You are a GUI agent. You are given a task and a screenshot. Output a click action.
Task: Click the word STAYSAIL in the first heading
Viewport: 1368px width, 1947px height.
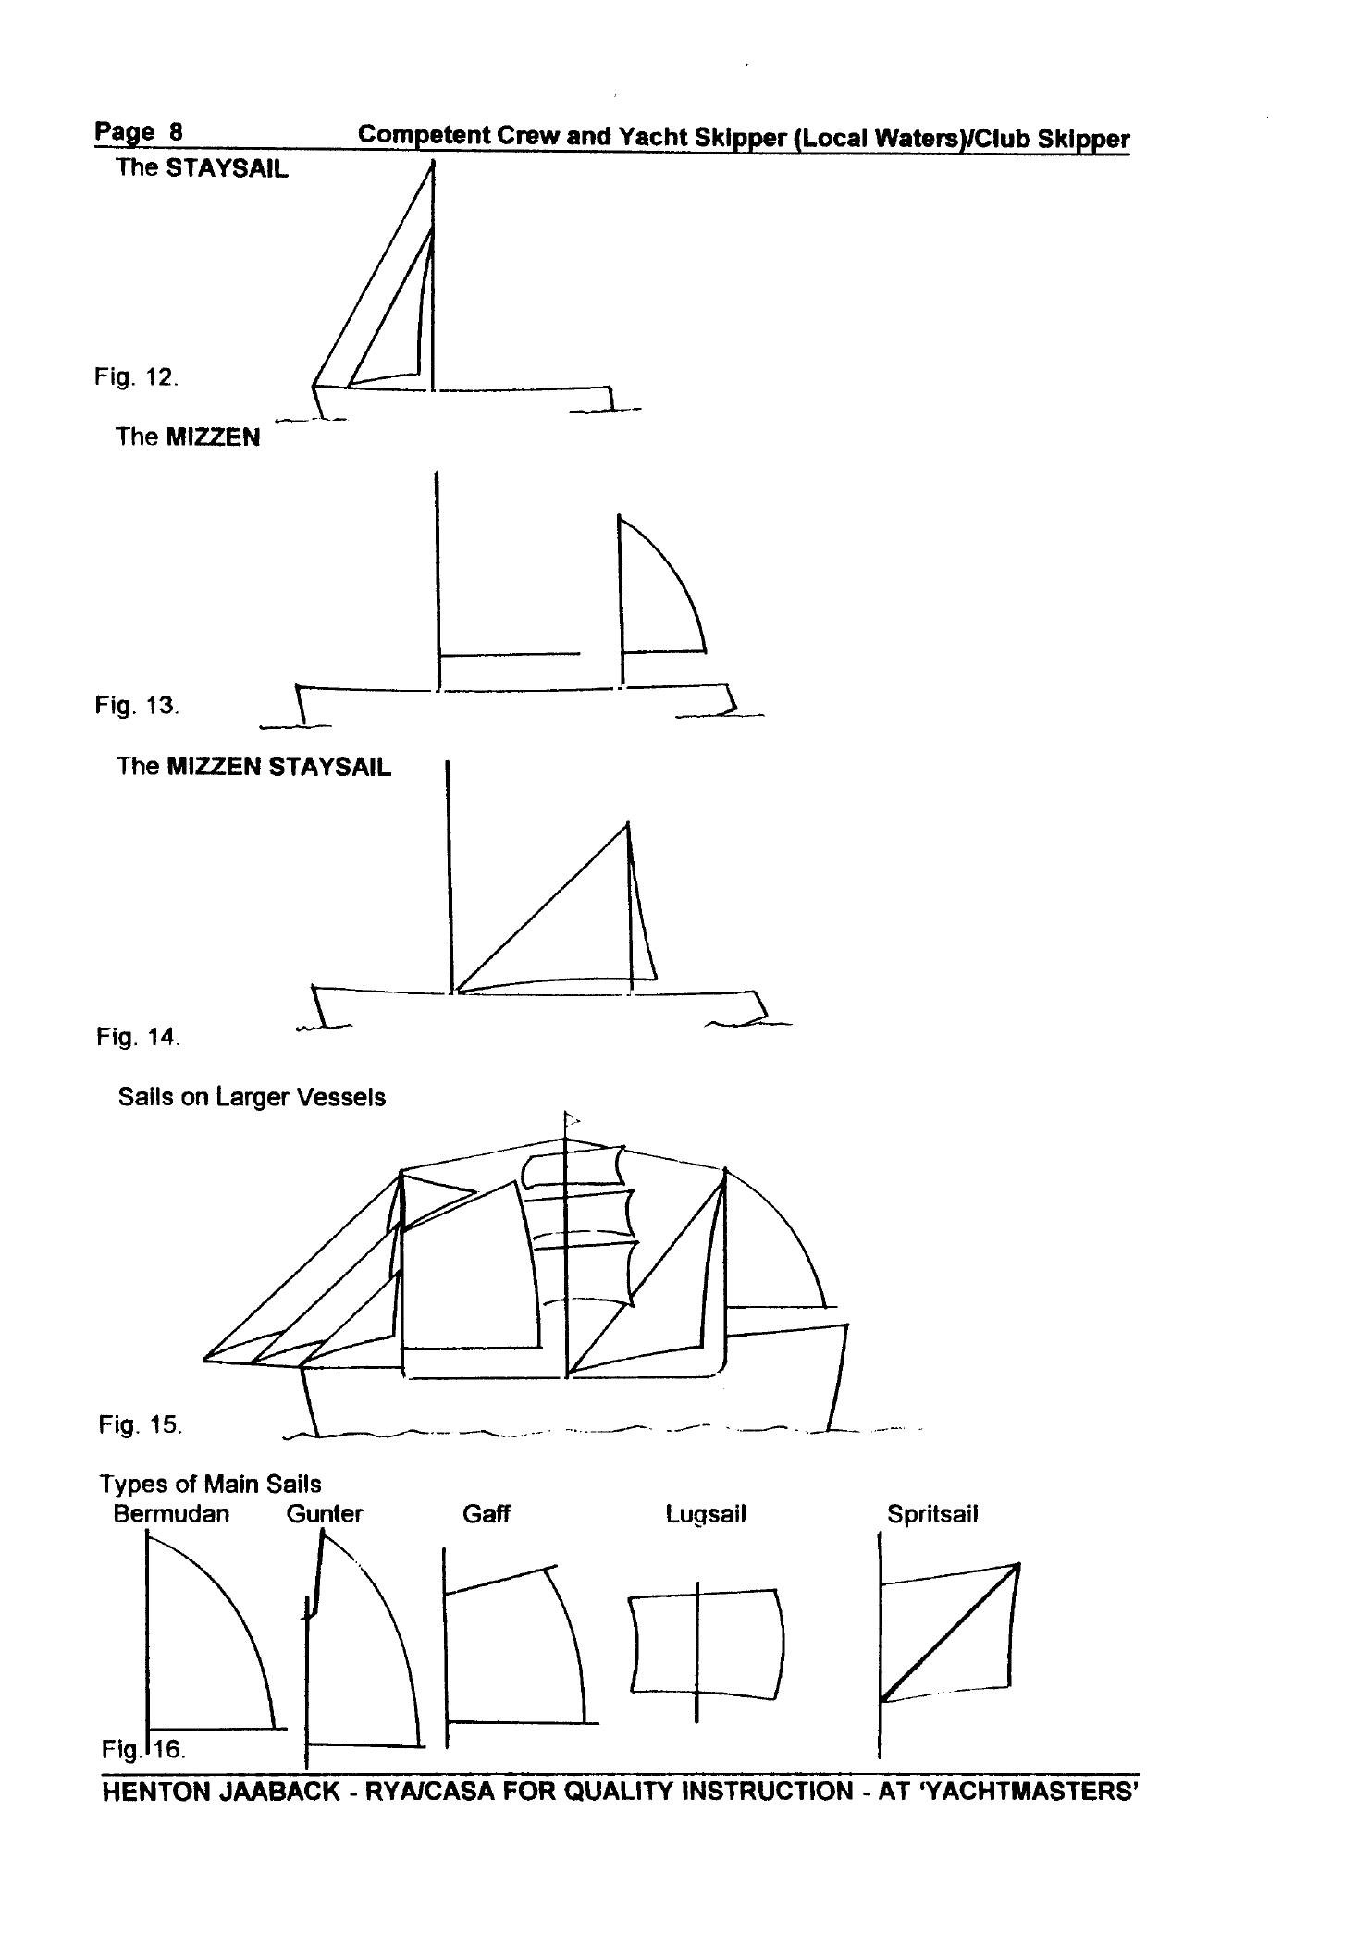coord(227,169)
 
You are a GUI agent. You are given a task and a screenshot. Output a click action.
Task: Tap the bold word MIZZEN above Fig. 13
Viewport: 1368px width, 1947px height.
coord(213,437)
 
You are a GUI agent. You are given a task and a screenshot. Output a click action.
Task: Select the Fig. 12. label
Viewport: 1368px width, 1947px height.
coord(136,377)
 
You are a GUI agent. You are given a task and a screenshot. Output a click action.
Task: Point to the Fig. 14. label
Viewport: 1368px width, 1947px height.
coord(138,1037)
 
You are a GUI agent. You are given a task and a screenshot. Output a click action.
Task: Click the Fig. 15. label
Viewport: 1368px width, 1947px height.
coord(140,1424)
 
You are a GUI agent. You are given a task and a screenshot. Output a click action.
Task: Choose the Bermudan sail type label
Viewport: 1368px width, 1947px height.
coord(171,1514)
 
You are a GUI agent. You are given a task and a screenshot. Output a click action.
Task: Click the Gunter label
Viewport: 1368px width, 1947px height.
coord(325,1514)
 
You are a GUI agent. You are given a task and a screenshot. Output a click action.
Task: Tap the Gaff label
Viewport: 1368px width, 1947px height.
coord(486,1514)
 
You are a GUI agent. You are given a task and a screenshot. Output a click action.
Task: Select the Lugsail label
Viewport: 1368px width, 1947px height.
coord(706,1515)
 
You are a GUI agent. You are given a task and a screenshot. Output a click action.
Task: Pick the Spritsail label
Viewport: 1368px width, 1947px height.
coord(932,1514)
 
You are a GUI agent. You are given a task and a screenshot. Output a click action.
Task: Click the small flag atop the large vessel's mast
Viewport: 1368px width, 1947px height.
coord(572,1120)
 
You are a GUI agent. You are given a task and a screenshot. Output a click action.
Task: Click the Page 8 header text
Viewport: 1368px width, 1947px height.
coord(139,132)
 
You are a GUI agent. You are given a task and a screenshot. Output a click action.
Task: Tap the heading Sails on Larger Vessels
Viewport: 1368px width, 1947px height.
coord(252,1098)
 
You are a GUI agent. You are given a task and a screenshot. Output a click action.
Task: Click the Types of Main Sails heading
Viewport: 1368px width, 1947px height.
coord(211,1484)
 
